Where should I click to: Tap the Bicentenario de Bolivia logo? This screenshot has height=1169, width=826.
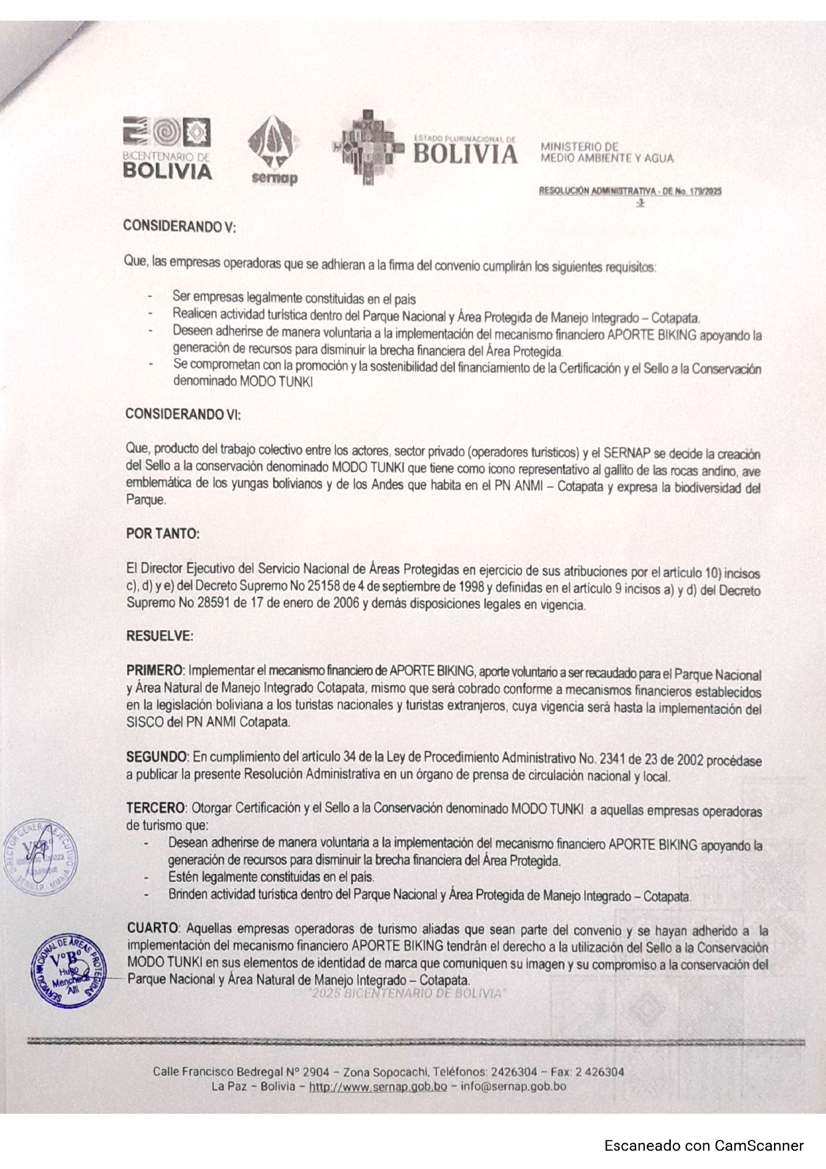(x=167, y=148)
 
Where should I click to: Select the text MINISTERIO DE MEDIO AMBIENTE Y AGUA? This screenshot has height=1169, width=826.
(x=606, y=153)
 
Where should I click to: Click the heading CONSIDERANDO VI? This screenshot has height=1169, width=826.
(x=183, y=414)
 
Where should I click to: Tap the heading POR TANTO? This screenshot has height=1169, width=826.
(x=163, y=534)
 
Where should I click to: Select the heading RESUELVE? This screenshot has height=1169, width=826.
(x=160, y=635)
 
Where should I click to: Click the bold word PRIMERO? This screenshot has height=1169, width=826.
(x=155, y=669)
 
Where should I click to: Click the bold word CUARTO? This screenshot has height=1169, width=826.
(x=153, y=929)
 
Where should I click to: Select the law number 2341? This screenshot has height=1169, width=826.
(x=615, y=759)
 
